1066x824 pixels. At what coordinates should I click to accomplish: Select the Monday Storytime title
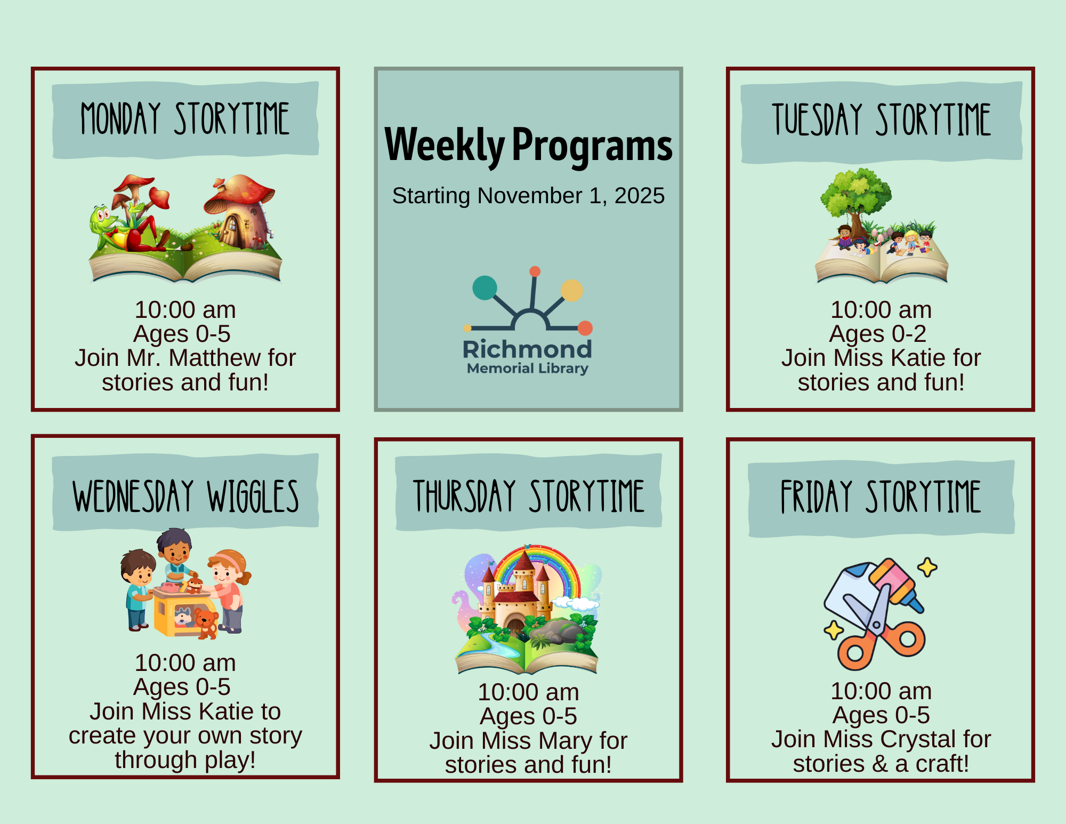[185, 118]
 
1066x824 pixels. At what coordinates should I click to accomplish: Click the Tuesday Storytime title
[881, 119]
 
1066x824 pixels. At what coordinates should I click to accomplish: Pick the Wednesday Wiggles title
[185, 496]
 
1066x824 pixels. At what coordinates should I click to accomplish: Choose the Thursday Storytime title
[529, 496]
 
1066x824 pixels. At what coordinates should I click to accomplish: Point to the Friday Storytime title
[881, 497]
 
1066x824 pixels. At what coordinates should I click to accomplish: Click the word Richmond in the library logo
[527, 349]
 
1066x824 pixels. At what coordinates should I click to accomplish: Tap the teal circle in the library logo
[484, 288]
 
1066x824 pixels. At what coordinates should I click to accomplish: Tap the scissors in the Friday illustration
[879, 629]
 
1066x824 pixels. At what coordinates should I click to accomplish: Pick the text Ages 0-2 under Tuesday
[878, 334]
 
